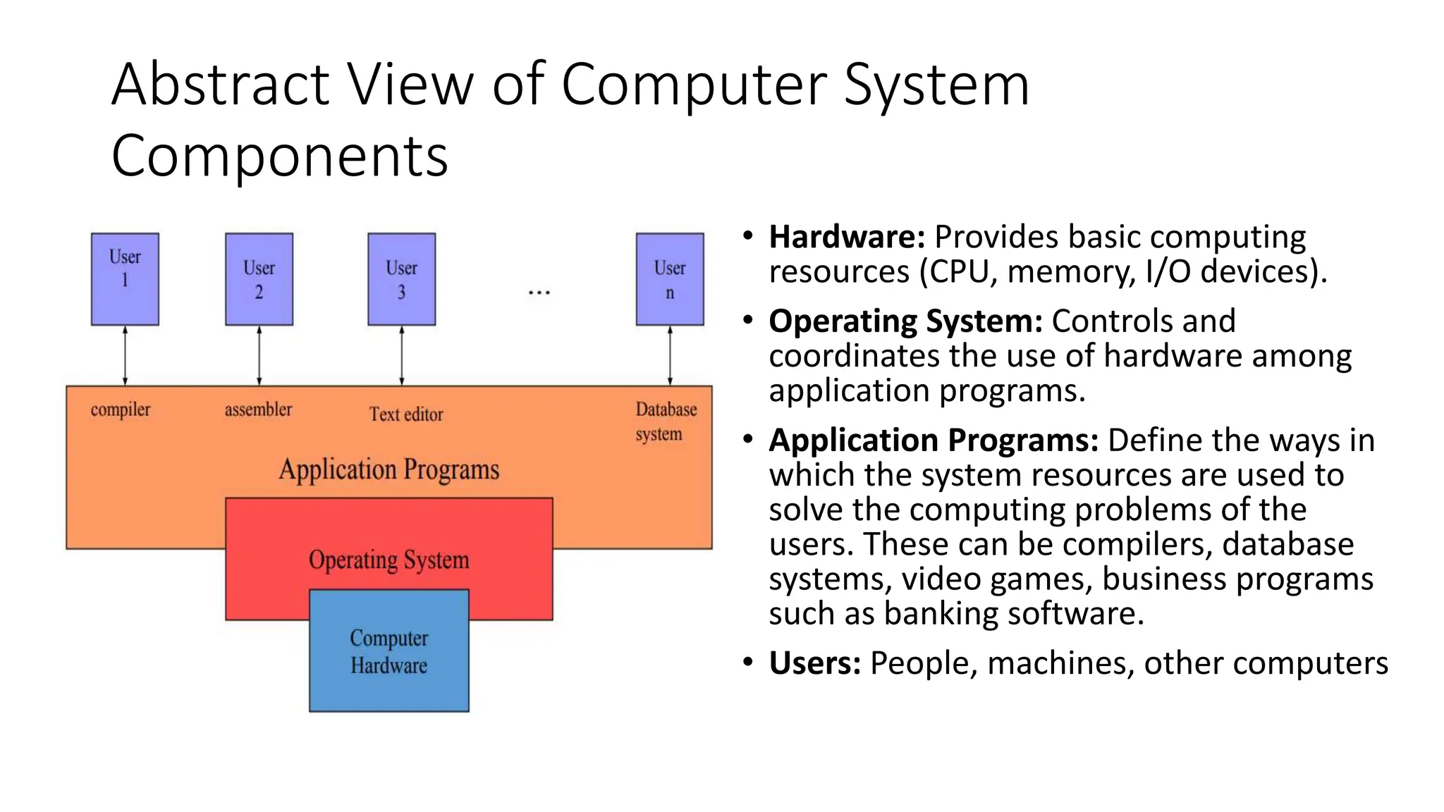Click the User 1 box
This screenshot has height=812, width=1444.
[125, 279]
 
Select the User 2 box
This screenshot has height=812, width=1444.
[259, 279]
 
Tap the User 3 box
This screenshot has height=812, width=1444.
[401, 279]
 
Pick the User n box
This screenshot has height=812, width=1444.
[669, 279]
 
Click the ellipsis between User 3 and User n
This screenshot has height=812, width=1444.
[539, 292]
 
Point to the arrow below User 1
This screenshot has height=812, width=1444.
[125, 355]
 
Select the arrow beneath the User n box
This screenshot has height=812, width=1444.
[669, 355]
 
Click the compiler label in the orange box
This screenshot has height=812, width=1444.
[120, 410]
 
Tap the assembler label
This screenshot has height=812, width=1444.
[258, 410]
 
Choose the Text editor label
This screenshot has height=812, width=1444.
[406, 414]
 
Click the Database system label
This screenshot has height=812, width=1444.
[665, 422]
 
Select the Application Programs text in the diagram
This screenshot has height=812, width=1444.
[388, 469]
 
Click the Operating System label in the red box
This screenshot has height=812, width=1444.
[388, 560]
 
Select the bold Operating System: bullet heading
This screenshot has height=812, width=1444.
[905, 321]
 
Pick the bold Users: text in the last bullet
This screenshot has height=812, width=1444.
[814, 663]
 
